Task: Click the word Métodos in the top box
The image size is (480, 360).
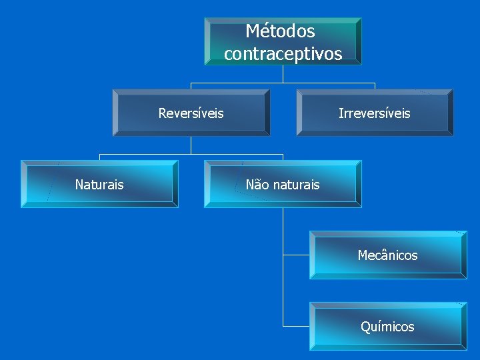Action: [280, 31]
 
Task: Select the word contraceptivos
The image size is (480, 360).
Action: [283, 53]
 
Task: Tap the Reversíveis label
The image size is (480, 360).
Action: [191, 113]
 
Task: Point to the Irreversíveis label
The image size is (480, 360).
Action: [374, 113]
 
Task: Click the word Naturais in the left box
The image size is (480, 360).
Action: [99, 185]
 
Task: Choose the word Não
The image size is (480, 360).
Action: [257, 185]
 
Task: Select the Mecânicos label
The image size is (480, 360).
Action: [387, 255]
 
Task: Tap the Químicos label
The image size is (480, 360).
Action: [387, 327]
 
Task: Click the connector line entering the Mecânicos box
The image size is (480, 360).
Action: [296, 255]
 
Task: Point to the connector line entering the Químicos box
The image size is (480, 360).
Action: [296, 326]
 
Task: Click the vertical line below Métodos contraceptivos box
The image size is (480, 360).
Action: [283, 73]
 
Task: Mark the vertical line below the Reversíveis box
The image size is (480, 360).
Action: [191, 145]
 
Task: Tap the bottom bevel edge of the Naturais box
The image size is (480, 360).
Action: [100, 205]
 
